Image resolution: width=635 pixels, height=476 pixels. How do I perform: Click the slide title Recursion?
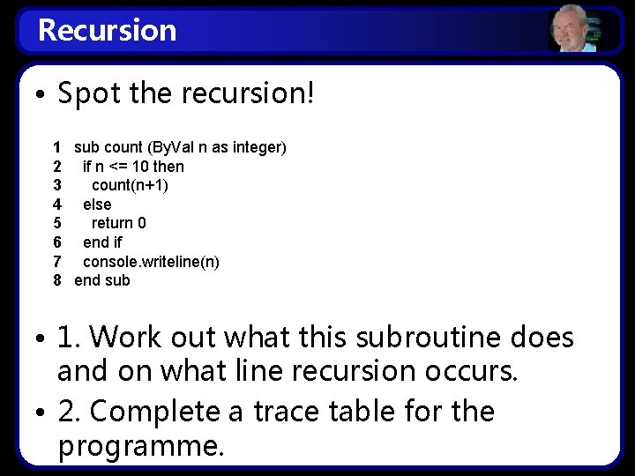(107, 30)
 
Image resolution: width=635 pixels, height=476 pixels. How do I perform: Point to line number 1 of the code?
(56, 147)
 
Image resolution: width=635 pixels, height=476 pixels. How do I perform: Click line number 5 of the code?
(56, 223)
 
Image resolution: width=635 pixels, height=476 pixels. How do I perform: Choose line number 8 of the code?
(56, 280)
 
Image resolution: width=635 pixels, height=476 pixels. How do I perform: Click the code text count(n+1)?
(130, 185)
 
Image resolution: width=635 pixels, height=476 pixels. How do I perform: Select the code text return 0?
(119, 223)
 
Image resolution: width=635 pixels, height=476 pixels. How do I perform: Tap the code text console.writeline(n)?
(151, 262)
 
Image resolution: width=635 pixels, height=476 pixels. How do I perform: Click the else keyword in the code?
(97, 205)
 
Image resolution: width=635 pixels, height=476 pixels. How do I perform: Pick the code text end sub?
(101, 280)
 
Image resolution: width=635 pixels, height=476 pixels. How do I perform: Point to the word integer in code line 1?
(256, 147)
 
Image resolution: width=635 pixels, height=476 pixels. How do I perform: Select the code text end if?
(102, 242)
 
